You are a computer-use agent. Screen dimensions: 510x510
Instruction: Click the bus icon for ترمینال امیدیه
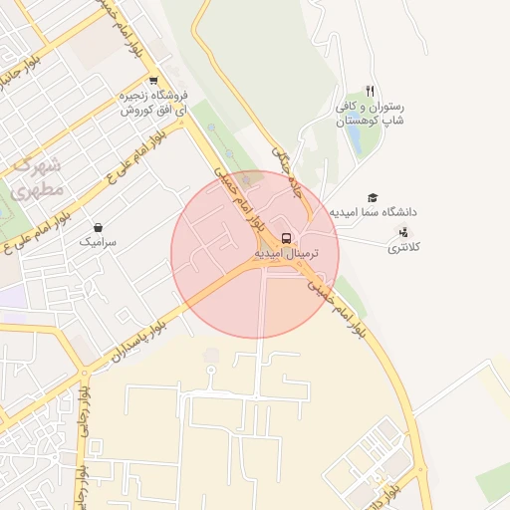click(287, 239)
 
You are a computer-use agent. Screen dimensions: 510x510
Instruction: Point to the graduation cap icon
click(373, 197)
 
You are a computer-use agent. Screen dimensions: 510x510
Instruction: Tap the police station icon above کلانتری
click(402, 232)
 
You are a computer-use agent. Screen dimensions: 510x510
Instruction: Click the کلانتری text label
click(403, 246)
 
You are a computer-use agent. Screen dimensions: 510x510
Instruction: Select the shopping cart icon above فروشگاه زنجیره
click(152, 82)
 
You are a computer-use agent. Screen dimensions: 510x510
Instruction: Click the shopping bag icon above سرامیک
click(98, 227)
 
